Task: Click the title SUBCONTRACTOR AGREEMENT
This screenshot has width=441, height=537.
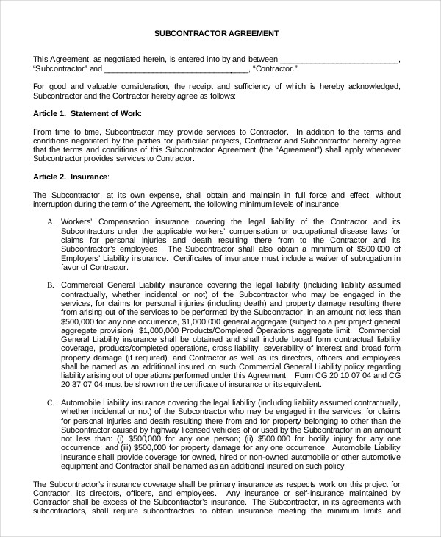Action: pyautogui.click(x=216, y=33)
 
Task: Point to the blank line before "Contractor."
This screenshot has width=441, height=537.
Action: pyautogui.click(x=176, y=69)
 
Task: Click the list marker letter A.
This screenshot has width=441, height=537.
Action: pyautogui.click(x=51, y=221)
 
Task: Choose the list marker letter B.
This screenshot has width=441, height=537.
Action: pyautogui.click(x=51, y=284)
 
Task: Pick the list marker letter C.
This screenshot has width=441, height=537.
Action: pyautogui.click(x=51, y=403)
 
